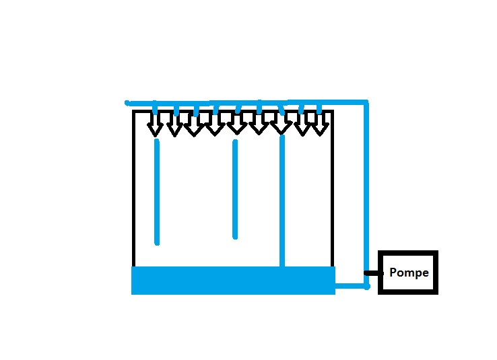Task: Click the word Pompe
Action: pyautogui.click(x=409, y=273)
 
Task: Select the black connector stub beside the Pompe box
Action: pyautogui.click(x=372, y=273)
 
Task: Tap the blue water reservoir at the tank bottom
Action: pyautogui.click(x=232, y=280)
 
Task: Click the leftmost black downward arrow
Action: pyautogui.click(x=155, y=125)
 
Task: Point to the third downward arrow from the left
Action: pyautogui.click(x=194, y=125)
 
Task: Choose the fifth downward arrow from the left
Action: pyautogui.click(x=235, y=124)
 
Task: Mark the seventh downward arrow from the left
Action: pyautogui.click(x=279, y=124)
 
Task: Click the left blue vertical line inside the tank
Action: pyautogui.click(x=157, y=192)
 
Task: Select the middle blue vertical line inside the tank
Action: pyautogui.click(x=235, y=189)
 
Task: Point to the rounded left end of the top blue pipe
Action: pyautogui.click(x=127, y=103)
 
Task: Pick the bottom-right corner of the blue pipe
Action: pyautogui.click(x=366, y=286)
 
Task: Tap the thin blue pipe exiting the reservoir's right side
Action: pyautogui.click(x=350, y=285)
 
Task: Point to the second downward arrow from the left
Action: pyautogui.click(x=174, y=125)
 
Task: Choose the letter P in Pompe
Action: pyautogui.click(x=393, y=273)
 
